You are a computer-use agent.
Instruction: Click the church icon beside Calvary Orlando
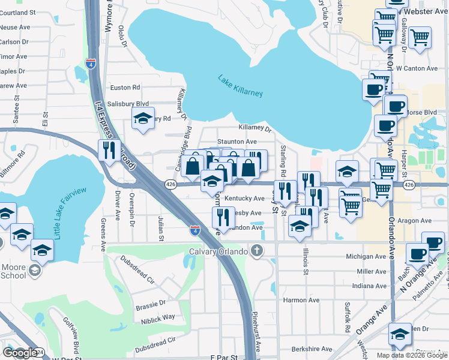coord(258,250)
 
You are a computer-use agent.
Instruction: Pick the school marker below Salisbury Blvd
coord(143,118)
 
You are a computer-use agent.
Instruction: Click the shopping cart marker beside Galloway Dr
coord(420,38)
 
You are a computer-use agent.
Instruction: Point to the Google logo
coord(20,353)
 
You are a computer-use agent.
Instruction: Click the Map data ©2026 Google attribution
coord(412,355)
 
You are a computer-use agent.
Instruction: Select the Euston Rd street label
coord(124,88)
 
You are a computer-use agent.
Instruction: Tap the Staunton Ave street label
coord(237,142)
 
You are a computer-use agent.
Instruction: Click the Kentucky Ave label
coord(244,199)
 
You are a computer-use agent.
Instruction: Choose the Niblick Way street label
coord(159,316)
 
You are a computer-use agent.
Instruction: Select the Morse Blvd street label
coord(422,113)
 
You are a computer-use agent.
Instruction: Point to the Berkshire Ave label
coord(311,349)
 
